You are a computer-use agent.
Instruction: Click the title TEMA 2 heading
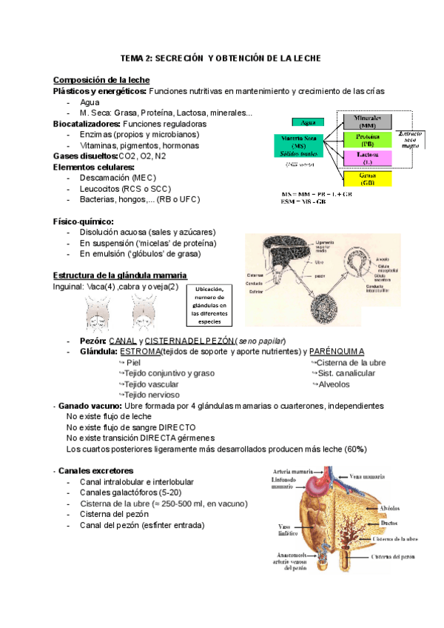[x=221, y=59]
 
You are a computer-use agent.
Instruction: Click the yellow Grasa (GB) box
[x=367, y=179]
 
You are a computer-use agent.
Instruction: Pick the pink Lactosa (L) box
[x=367, y=158]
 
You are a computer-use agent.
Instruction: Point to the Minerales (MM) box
[x=367, y=121]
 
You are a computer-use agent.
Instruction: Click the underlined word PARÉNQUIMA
[x=337, y=351]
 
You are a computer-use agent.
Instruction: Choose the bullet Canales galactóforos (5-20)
[x=129, y=492]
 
